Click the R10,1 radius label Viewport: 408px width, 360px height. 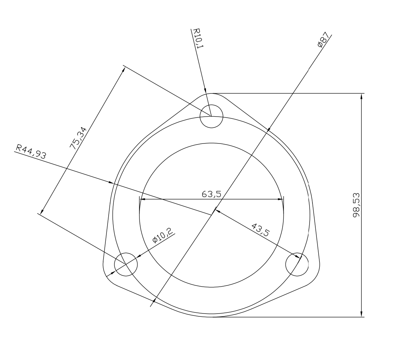tap(198, 39)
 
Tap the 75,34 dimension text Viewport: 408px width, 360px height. tap(78, 138)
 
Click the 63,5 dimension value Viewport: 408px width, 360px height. tap(211, 194)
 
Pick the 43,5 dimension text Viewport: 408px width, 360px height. tap(260, 230)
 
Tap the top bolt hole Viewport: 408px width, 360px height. tap(211, 116)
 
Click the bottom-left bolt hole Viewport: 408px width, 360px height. tap(126, 264)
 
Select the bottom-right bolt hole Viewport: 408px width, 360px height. tap(297, 264)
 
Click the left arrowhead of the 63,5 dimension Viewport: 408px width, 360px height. tap(142, 199)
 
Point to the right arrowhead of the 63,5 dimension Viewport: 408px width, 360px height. tap(280, 199)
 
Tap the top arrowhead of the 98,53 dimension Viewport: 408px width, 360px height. tap(361, 96)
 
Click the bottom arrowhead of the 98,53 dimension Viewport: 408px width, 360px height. tap(361, 314)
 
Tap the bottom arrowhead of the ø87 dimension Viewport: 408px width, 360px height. tap(154, 301)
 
